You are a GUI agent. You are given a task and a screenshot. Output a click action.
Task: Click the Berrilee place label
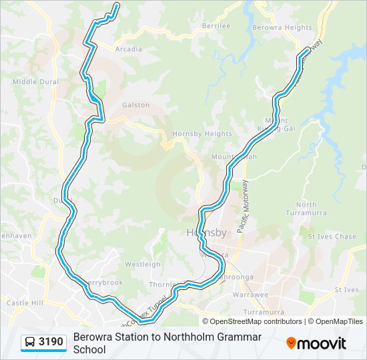[216, 26]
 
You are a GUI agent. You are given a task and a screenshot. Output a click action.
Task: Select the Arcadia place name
[128, 49]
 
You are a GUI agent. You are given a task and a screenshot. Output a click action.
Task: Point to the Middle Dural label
[35, 82]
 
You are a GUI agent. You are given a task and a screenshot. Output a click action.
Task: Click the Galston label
[135, 105]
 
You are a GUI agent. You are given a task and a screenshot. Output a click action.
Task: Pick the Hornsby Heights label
[193, 134]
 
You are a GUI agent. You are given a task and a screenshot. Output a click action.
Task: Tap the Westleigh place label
[142, 264]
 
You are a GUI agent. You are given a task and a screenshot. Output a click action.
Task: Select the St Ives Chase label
[332, 237]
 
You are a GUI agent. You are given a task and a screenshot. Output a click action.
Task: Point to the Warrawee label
[250, 294]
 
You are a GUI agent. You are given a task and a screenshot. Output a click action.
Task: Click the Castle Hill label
[25, 303]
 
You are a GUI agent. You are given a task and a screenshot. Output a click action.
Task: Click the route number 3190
[51, 343]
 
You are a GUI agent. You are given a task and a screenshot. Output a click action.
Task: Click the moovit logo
[316, 343]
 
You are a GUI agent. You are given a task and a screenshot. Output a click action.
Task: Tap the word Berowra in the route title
[93, 337]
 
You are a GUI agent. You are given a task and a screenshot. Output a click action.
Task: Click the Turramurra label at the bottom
[264, 311]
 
